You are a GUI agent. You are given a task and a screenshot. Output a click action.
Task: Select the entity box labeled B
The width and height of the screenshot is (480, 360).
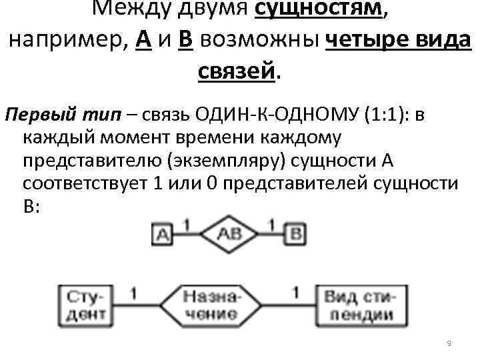pyautogui.click(x=297, y=235)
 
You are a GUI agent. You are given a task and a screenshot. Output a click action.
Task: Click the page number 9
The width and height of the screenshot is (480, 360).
pyautogui.click(x=449, y=343)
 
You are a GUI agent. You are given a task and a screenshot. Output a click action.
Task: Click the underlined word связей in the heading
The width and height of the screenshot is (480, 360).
pyautogui.click(x=237, y=69)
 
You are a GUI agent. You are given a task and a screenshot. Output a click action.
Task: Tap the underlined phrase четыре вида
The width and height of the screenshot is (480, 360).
pyautogui.click(x=399, y=39)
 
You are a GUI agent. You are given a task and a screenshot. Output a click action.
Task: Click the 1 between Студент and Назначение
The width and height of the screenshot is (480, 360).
pyautogui.click(x=133, y=292)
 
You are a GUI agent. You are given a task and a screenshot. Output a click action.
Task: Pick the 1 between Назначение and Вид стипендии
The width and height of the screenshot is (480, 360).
pyautogui.click(x=295, y=292)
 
